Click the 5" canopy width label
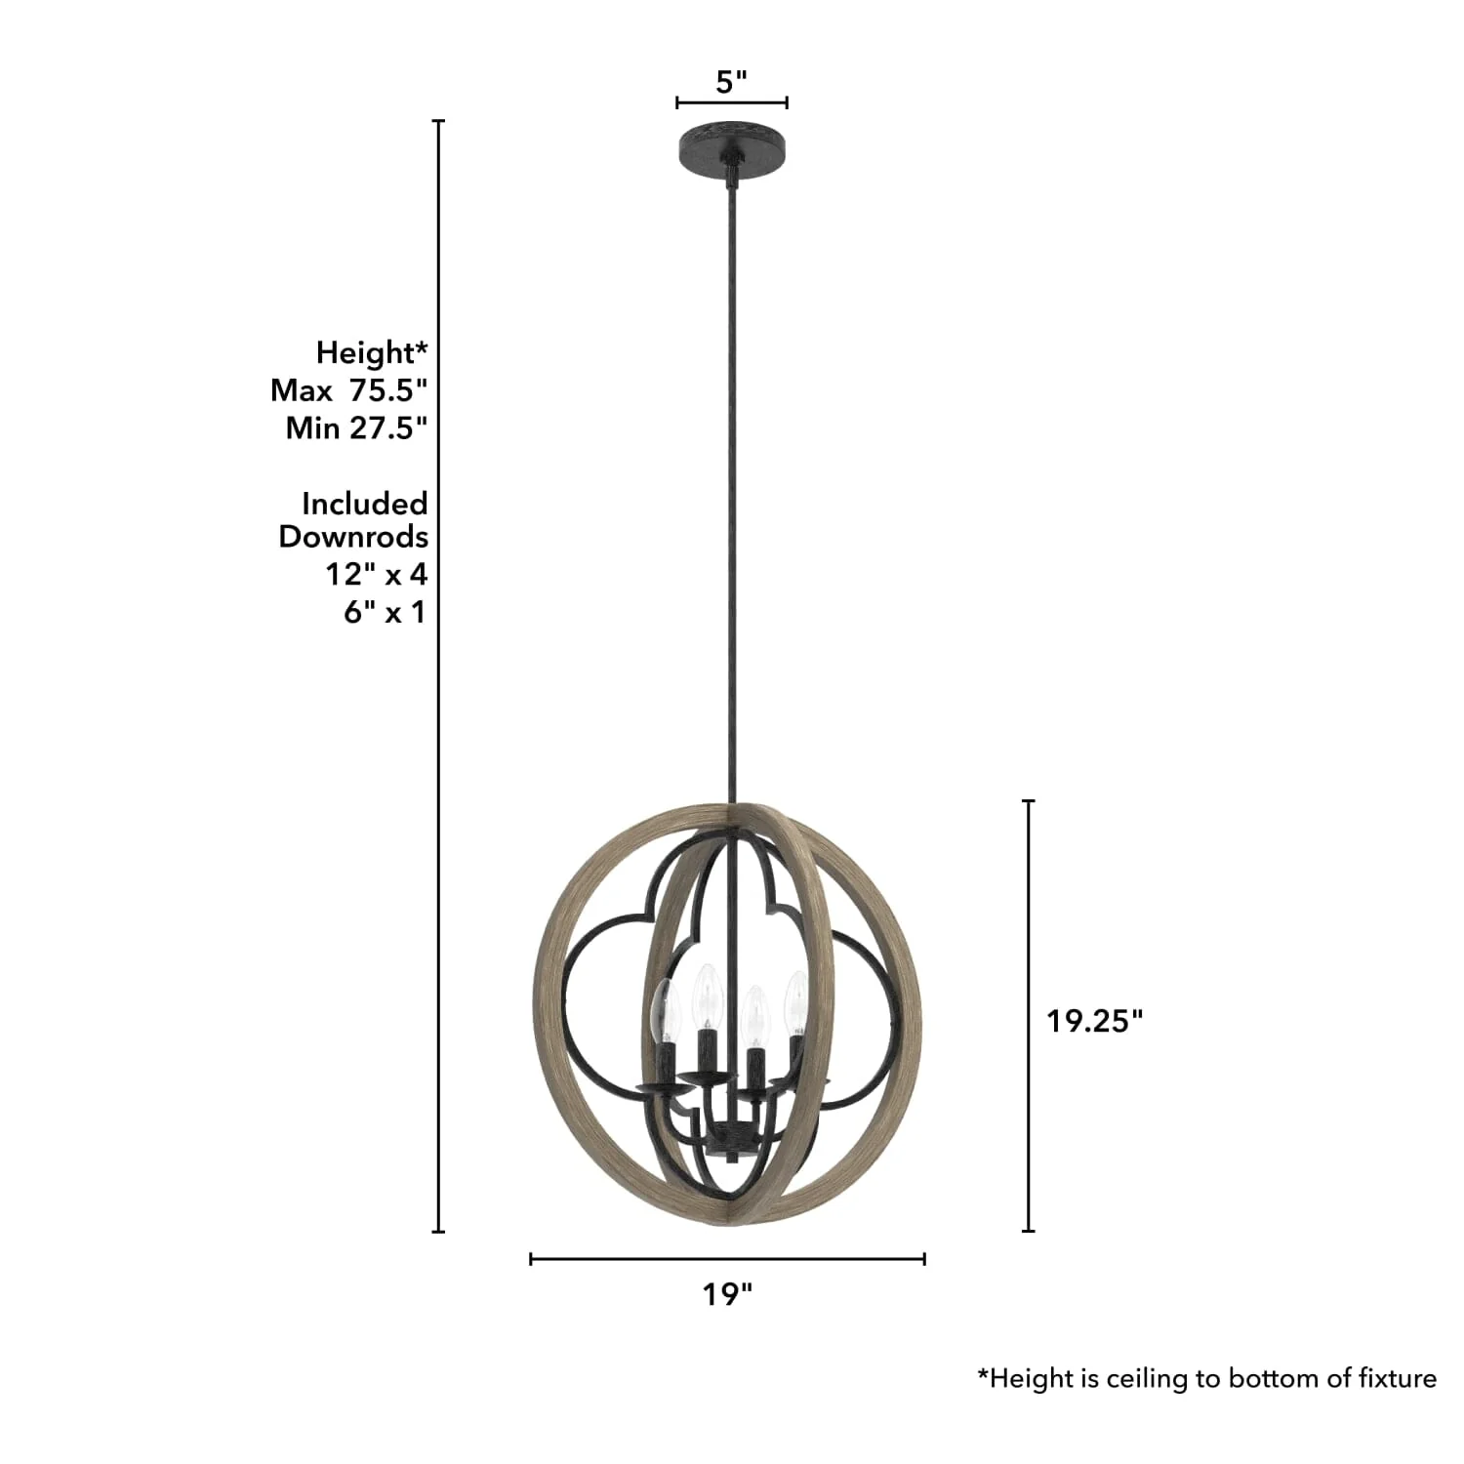[731, 82]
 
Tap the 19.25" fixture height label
[1094, 1021]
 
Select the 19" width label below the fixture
[727, 1294]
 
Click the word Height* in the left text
[372, 352]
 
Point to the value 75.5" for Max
[388, 390]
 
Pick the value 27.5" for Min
[388, 427]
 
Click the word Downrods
[353, 537]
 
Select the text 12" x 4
[377, 574]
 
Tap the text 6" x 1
[385, 612]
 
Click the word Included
[365, 504]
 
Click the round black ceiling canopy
[732, 143]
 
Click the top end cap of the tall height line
[438, 121]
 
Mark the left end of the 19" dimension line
[531, 1259]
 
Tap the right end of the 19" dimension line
[924, 1259]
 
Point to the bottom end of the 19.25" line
[1028, 1231]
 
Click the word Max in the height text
[302, 390]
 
